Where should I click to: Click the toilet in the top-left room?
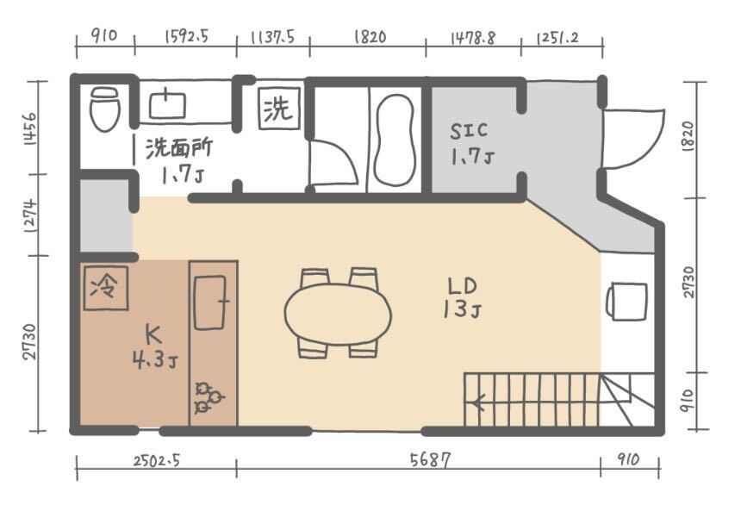pos(105,109)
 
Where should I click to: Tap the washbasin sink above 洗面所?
pos(167,104)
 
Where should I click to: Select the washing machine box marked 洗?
pos(279,109)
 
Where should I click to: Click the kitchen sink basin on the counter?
pos(210,302)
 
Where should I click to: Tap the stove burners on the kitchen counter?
pos(208,397)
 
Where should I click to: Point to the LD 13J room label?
pos(463,298)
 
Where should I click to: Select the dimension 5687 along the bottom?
pos(430,459)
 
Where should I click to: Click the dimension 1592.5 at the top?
pos(186,36)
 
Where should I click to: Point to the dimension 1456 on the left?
pos(30,128)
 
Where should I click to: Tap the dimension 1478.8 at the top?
pos(473,38)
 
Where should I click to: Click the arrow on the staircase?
pos(479,403)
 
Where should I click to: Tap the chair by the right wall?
pos(626,302)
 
